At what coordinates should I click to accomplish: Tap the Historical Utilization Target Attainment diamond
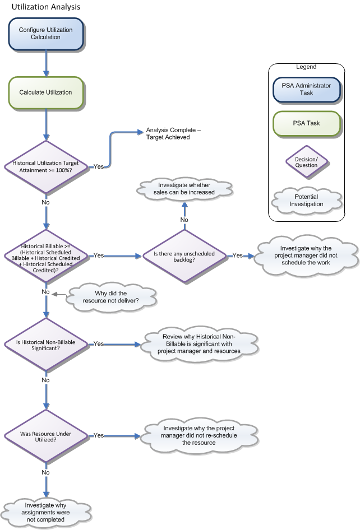point(46,166)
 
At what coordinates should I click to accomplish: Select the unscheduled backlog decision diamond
point(184,255)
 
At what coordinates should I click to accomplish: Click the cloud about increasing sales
point(184,189)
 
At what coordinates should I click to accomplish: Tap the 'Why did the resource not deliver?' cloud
point(110,296)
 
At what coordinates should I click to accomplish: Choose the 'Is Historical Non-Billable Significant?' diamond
point(46,343)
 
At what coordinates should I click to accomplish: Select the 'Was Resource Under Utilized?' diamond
point(46,435)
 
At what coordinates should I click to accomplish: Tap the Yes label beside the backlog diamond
point(238,255)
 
